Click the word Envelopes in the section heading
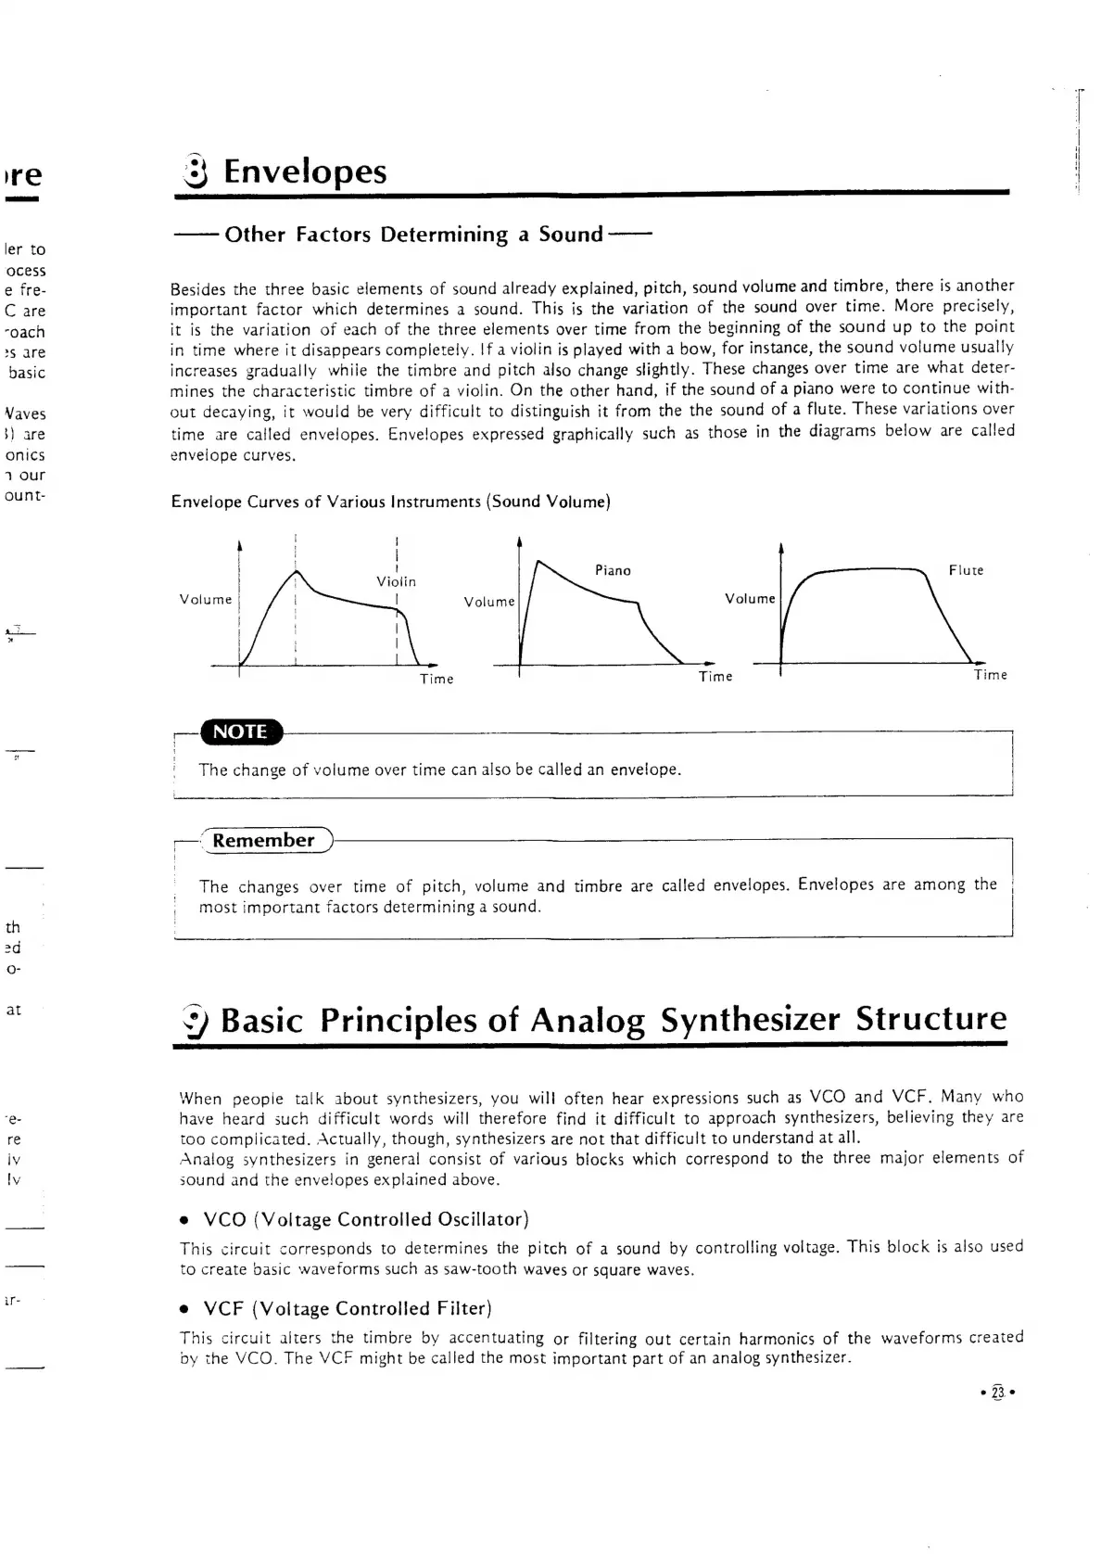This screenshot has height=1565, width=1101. [x=305, y=172]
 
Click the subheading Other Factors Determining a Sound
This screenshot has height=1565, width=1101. [x=413, y=235]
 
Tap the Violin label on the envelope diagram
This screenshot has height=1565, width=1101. [x=396, y=581]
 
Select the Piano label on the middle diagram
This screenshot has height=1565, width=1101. [x=613, y=570]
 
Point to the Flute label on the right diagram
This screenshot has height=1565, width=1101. [x=966, y=570]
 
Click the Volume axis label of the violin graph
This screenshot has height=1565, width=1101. [x=206, y=599]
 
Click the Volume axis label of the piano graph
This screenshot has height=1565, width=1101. [x=489, y=602]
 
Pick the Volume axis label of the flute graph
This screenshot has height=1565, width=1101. [x=750, y=599]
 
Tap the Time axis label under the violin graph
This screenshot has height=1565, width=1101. [x=437, y=679]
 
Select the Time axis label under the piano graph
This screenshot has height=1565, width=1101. [x=715, y=677]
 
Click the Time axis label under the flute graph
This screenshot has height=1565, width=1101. [x=990, y=675]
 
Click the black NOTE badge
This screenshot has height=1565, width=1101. [x=240, y=732]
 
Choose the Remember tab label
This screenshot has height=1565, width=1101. [x=263, y=840]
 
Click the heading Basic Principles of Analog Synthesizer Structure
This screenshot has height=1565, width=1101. [x=613, y=1019]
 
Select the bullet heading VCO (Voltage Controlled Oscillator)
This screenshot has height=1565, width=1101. [x=365, y=1218]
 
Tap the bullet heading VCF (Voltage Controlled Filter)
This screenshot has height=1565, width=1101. [x=347, y=1308]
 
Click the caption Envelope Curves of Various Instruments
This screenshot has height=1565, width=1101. [x=390, y=502]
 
